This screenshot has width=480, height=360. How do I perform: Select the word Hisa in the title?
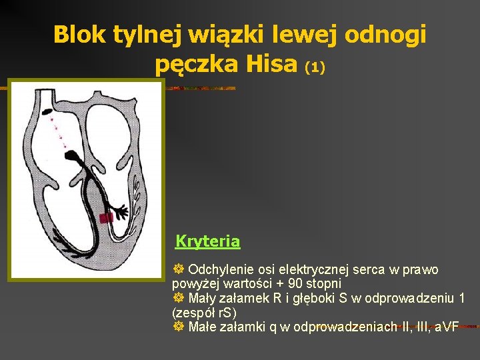[x=271, y=64]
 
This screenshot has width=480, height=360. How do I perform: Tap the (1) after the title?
[x=314, y=67]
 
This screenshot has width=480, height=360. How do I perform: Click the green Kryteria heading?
[x=207, y=241]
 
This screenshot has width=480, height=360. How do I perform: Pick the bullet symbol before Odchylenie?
[x=178, y=270]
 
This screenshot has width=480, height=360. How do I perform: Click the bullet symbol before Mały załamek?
[x=178, y=298]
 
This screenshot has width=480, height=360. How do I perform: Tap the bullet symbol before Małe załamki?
[x=178, y=327]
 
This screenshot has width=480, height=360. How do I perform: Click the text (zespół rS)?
[x=204, y=312]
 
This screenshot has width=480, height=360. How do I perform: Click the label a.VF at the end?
[x=446, y=327]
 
